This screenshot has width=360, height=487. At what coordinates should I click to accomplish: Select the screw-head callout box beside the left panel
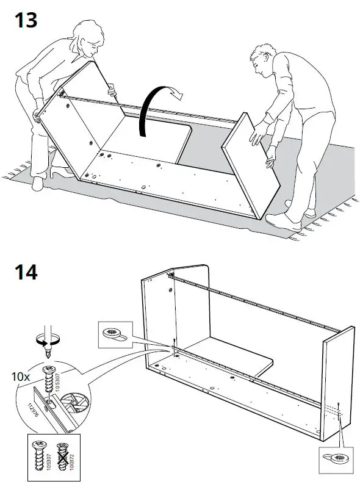114,334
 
